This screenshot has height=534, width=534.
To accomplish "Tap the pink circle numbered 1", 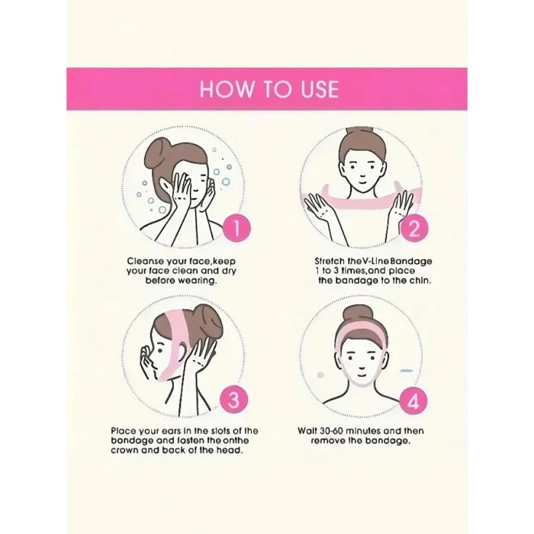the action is point(236,228).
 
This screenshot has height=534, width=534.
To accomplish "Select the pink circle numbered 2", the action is point(413,228).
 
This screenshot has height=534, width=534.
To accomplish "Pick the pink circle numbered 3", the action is point(233,399).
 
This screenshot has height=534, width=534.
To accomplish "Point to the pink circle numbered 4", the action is point(413,402).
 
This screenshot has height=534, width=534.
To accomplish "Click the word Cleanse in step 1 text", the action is point(145,261).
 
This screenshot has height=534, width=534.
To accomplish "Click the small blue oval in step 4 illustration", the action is point(406,370).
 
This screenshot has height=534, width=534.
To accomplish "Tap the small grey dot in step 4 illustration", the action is point(320,375).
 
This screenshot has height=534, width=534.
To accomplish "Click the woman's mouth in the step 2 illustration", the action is point(362,182).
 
